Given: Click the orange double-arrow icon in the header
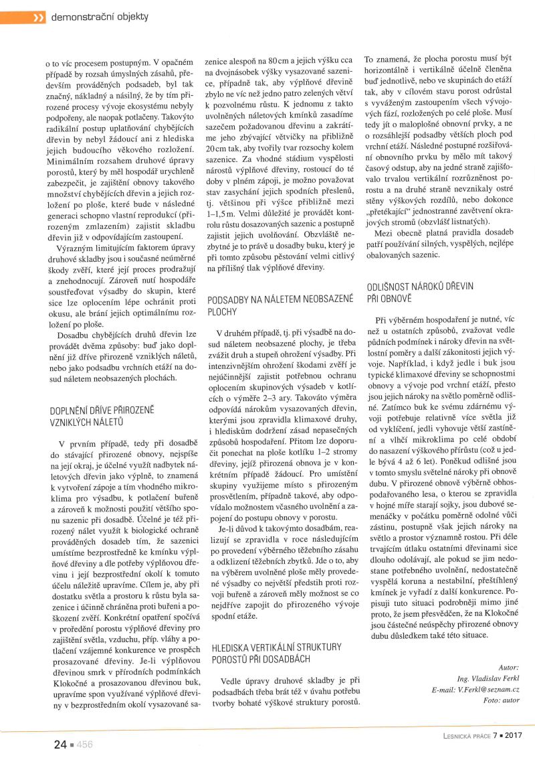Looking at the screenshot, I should point(39,17).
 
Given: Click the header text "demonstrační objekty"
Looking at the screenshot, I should point(100,17).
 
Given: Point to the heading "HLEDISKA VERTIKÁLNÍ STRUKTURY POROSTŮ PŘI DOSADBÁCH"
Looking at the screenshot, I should point(276,653).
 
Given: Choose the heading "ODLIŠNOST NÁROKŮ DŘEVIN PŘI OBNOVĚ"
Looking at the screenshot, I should point(420,291).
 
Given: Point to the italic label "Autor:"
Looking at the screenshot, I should point(508,668).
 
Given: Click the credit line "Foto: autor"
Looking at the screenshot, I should point(501,700).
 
